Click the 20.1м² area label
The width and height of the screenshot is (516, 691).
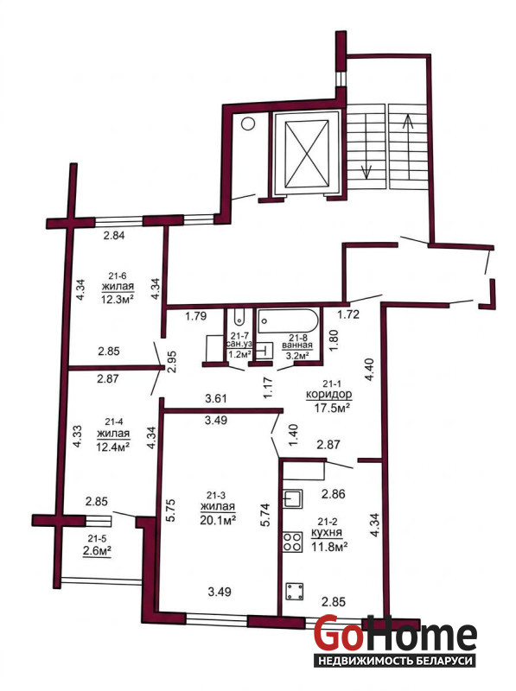point(218,520)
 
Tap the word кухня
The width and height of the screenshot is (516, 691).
point(327,533)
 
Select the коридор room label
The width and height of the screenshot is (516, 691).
point(329,394)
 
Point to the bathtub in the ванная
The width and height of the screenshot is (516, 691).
point(289,320)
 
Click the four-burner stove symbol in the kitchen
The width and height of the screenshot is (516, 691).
point(292,542)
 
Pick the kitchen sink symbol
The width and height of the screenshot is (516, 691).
point(293,499)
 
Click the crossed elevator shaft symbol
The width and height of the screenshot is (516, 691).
point(307,155)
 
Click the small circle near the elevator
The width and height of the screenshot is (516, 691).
point(248,124)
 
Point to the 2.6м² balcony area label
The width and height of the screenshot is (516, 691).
point(97,551)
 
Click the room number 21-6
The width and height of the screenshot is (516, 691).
point(118,276)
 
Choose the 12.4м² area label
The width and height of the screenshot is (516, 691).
point(112,447)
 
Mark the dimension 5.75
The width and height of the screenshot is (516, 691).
point(171,510)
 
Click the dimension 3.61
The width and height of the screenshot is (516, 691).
point(216,399)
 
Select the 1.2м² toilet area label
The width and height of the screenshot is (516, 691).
point(239,353)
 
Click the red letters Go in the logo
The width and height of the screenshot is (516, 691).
point(336,633)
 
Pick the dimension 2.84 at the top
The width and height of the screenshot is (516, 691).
point(114,235)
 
